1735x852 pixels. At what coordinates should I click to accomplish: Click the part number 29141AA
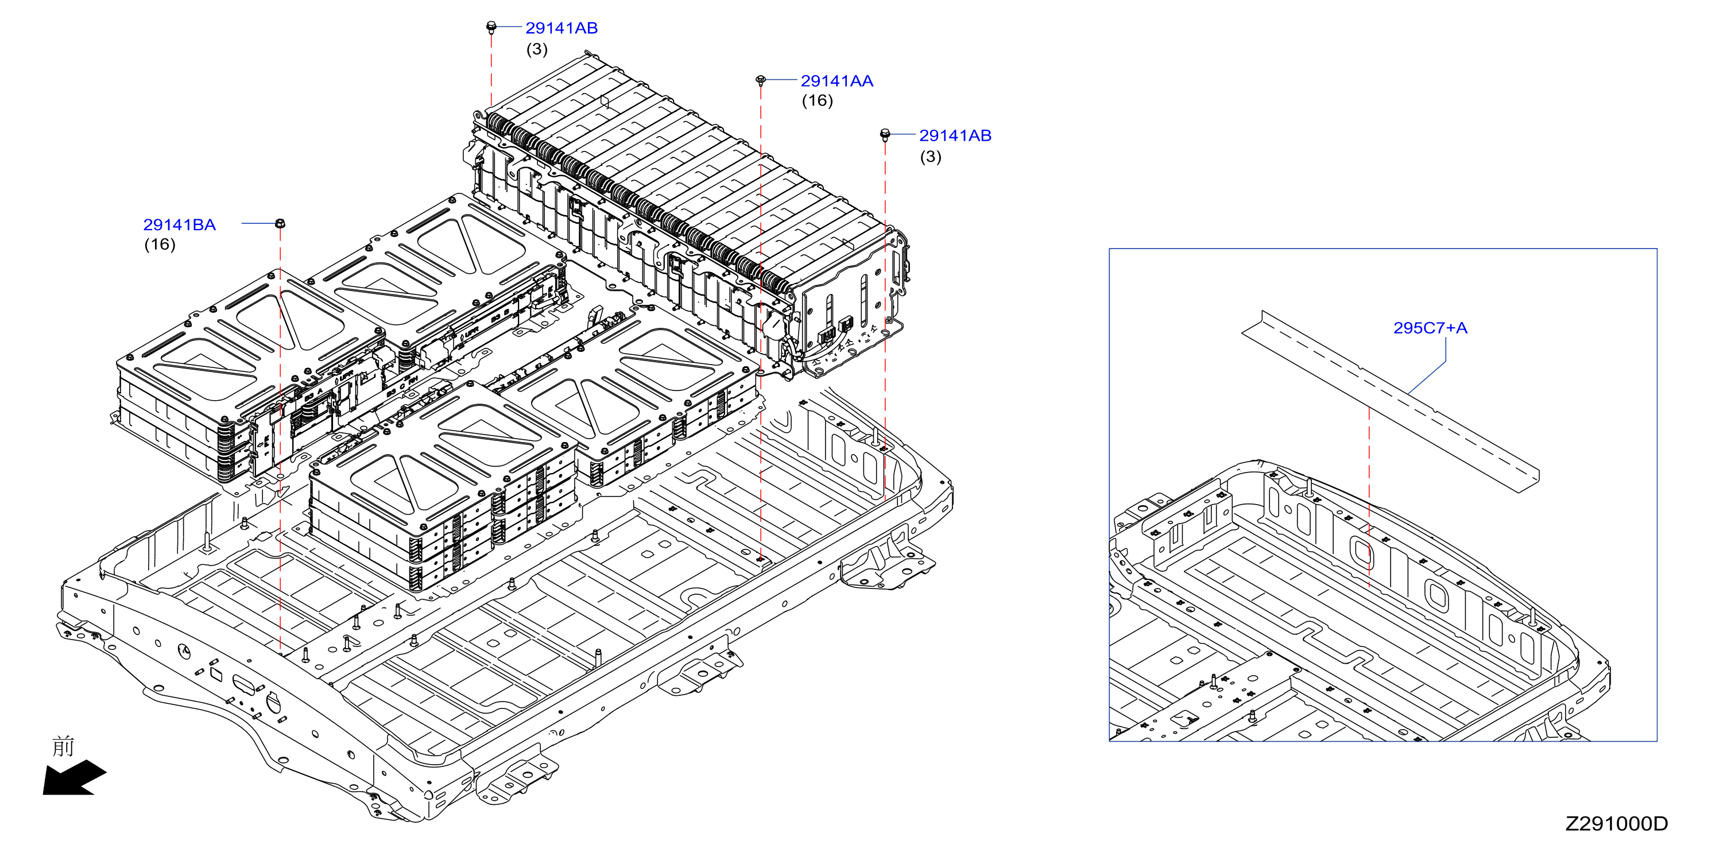coord(836,81)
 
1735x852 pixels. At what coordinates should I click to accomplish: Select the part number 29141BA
coord(179,225)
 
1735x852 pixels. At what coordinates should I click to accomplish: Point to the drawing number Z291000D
coord(1617,824)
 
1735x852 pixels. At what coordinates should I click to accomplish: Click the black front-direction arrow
coord(74,778)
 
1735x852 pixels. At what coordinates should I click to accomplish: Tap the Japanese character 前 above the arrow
coord(63,746)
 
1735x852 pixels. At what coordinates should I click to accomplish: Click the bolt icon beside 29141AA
coord(760,80)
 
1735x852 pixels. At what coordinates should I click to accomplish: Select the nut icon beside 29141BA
coord(280,223)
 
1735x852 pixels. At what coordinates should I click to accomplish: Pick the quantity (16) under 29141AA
coord(817,101)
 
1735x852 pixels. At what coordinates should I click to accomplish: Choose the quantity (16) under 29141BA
coord(160,245)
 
